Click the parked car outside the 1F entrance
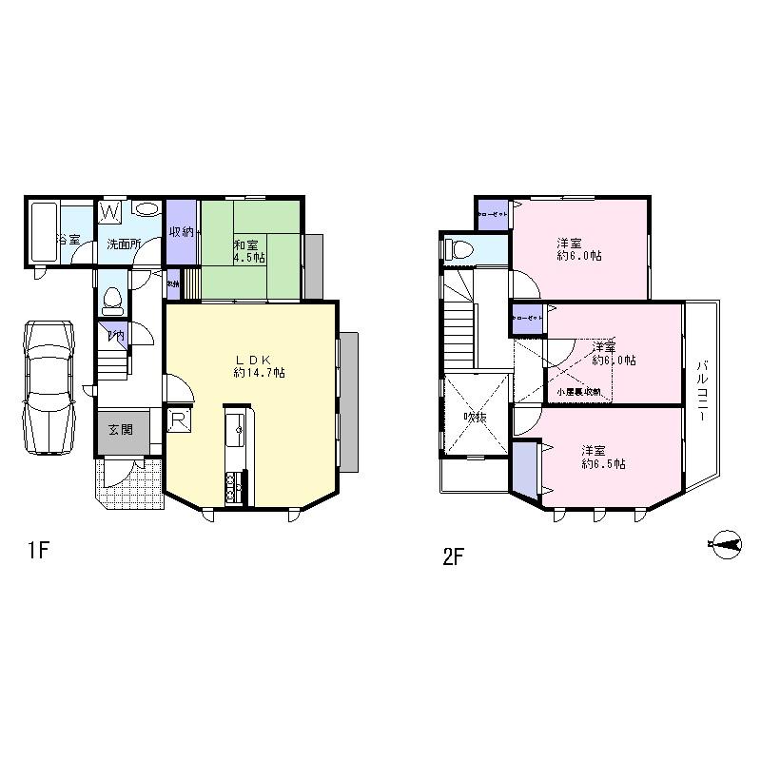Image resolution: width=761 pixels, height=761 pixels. (x=49, y=386)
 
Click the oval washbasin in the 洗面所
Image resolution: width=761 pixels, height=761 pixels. (x=146, y=210)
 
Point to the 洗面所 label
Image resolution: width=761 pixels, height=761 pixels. (x=124, y=244)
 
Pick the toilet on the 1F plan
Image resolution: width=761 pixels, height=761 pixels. (x=112, y=300)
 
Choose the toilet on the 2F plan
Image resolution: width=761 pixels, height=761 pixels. (x=459, y=250)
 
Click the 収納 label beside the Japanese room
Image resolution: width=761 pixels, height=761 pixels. (x=181, y=232)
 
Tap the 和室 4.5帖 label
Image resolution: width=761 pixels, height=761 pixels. (x=247, y=249)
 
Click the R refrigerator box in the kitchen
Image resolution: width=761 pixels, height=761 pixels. (x=177, y=420)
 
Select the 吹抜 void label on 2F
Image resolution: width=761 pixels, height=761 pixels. (x=475, y=417)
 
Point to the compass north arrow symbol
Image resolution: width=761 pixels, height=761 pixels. (x=724, y=544)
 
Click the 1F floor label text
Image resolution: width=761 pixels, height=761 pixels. (x=37, y=551)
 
